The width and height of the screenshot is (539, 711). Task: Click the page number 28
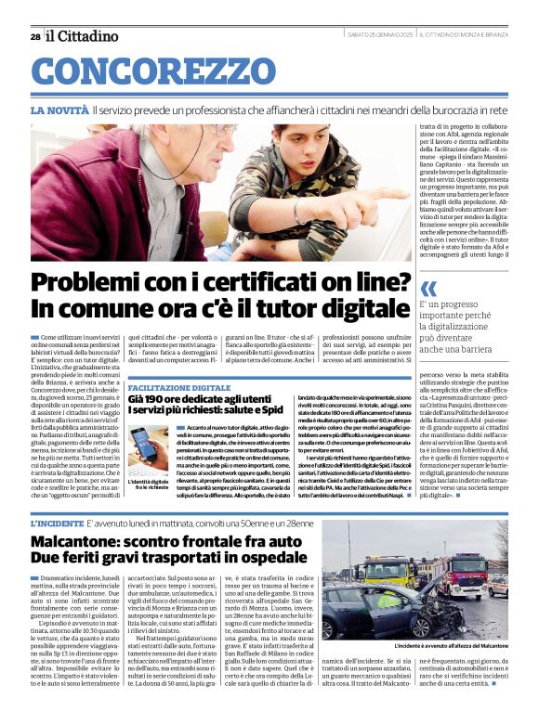[34, 36]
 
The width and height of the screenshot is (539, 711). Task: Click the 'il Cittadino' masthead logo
[83, 35]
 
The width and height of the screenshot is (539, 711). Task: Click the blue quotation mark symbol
[427, 288]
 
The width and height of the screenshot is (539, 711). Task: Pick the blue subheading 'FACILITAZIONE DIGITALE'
[178, 387]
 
